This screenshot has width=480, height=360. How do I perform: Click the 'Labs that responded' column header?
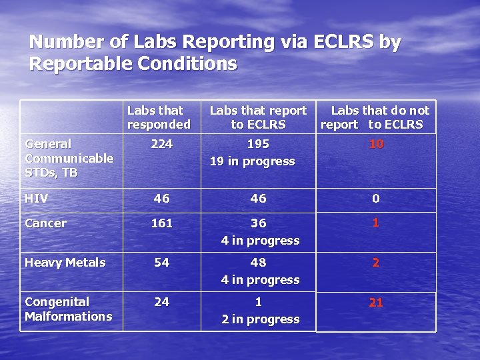[159, 117]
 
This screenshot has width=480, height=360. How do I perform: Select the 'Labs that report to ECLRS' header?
[258, 117]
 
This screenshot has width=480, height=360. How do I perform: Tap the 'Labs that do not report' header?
[375, 117]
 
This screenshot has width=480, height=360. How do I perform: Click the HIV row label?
[37, 199]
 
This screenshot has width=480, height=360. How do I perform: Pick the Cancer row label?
[45, 223]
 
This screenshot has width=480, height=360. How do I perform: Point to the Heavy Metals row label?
[65, 263]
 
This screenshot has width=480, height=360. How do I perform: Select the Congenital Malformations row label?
[68, 309]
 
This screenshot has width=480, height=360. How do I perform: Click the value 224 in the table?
[161, 144]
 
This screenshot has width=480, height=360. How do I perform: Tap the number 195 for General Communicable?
[258, 144]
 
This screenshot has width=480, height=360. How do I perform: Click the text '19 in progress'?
[252, 161]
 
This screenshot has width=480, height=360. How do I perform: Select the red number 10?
[376, 144]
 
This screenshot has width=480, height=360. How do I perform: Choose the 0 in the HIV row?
[376, 199]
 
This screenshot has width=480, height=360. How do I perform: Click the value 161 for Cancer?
[161, 223]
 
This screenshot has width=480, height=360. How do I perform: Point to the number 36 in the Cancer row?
[258, 223]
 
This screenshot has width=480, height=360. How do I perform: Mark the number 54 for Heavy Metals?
[161, 263]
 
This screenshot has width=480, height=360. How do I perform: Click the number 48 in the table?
[258, 263]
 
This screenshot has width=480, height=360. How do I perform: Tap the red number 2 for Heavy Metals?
[376, 263]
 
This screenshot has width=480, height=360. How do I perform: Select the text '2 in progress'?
[260, 319]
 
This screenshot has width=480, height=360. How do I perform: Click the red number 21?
[376, 303]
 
